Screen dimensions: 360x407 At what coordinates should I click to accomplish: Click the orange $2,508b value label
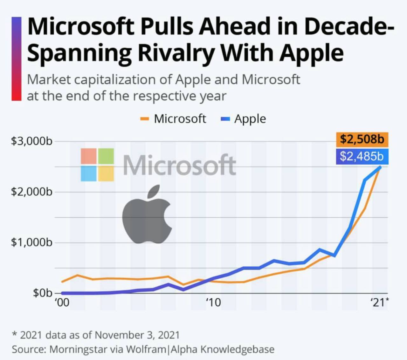point(362,139)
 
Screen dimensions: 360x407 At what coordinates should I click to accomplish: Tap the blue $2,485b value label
point(362,156)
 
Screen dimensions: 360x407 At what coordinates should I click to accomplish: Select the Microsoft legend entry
point(180,119)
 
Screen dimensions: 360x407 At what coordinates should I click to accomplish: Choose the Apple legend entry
point(250,119)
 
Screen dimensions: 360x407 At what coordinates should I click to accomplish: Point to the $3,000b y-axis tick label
point(31,141)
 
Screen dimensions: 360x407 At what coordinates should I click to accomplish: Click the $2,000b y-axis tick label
point(31,192)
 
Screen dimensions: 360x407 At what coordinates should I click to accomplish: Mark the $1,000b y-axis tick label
point(31,242)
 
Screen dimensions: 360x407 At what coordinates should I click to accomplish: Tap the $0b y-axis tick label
point(42,293)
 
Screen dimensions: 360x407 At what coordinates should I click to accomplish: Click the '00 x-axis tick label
point(62,302)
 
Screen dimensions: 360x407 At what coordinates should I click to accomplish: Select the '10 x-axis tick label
point(213,302)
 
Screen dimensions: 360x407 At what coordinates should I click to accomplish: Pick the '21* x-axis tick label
point(379,302)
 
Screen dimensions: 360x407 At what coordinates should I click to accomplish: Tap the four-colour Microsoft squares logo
point(97,165)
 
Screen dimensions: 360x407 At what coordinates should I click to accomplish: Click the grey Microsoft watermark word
point(179,165)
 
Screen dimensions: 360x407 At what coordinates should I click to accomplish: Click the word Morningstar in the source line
point(78,349)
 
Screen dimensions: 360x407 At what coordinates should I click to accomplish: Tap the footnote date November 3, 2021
point(137,335)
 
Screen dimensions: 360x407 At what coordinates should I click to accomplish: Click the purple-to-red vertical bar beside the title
point(17,59)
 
